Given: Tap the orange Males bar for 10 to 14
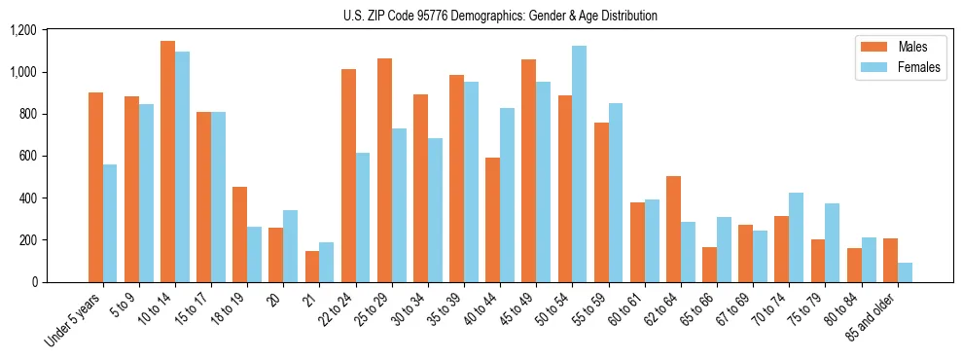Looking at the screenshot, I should (167, 162).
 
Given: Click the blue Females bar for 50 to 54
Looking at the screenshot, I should (580, 163).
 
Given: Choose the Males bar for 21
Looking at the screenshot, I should (311, 267).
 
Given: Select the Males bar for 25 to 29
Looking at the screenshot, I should (384, 170).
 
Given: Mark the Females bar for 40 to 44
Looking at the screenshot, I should (508, 195).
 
